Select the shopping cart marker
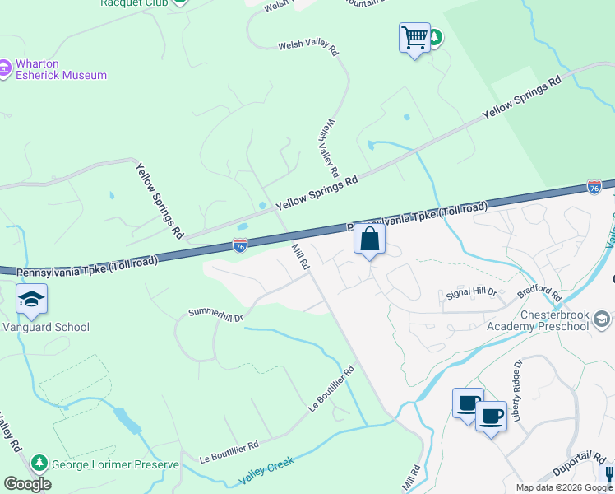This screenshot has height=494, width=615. point(414,38)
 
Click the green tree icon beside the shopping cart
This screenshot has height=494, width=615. point(435,37)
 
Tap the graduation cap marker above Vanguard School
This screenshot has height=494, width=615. point(31,300)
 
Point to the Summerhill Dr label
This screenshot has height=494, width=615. point(216,315)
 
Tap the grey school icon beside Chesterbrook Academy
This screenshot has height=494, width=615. point(602,319)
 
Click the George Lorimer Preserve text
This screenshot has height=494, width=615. point(115,464)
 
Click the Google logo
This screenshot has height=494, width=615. point(27,484)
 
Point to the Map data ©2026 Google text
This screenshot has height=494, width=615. point(564,487)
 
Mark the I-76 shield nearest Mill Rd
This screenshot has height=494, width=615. point(239,245)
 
